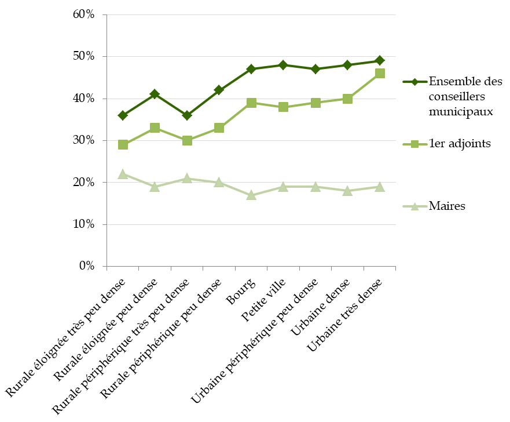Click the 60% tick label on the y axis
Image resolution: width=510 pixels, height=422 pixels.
point(84,14)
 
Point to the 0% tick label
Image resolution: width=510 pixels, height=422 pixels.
point(86,267)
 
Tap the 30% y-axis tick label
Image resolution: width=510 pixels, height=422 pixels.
point(84,141)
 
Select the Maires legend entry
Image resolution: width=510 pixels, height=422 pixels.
point(447,205)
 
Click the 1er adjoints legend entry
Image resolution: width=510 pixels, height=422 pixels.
point(460,144)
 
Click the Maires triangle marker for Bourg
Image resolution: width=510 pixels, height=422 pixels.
point(251,195)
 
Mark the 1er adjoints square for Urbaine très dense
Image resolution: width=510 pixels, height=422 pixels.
point(380,73)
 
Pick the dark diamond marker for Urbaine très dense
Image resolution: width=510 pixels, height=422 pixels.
point(380,60)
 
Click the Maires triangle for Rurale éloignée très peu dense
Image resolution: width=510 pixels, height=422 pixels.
point(123,174)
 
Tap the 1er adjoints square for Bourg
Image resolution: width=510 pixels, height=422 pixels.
point(251,103)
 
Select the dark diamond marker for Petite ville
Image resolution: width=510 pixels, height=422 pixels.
point(283,65)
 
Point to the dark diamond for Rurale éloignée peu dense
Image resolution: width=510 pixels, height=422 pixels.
point(155,94)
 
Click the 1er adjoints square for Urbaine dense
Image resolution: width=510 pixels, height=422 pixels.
point(347,99)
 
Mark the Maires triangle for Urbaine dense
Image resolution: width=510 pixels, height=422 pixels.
point(347,191)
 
